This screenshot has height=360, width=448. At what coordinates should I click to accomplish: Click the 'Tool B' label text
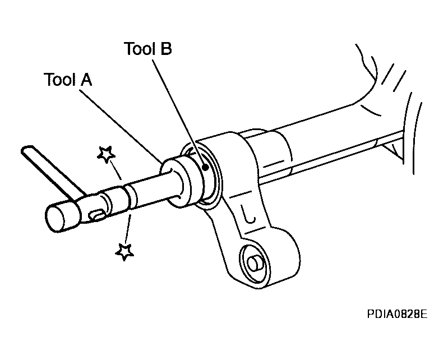point(147,49)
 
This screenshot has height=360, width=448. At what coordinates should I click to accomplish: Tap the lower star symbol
point(123,251)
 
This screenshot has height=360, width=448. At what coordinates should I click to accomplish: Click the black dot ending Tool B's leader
point(206,166)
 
